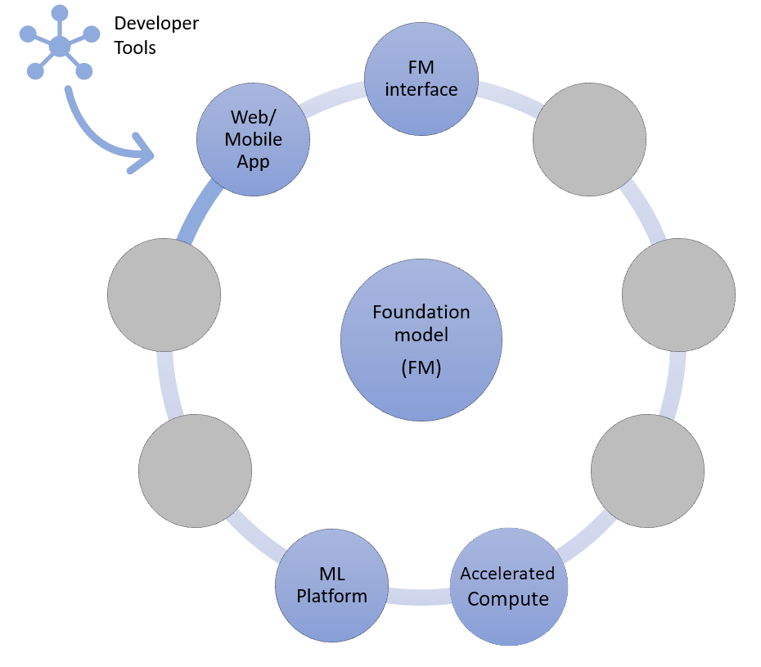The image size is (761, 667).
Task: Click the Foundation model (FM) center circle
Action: click(x=421, y=340)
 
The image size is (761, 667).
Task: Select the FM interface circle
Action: click(x=421, y=79)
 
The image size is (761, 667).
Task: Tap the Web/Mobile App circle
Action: click(x=253, y=138)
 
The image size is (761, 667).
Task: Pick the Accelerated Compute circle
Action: click(x=507, y=586)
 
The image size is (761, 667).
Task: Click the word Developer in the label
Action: click(x=156, y=23)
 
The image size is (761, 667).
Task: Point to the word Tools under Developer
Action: click(x=135, y=47)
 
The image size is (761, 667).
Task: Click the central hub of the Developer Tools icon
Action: click(x=59, y=47)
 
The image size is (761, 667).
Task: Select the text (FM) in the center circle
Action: click(x=421, y=367)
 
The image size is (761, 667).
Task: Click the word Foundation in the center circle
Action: click(x=421, y=312)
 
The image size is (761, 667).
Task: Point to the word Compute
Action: click(x=507, y=599)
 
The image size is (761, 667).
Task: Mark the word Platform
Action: click(x=332, y=596)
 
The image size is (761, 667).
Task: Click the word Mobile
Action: click(x=253, y=138)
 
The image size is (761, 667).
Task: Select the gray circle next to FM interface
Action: click(x=589, y=139)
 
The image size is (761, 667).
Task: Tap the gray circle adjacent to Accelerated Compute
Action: click(x=647, y=471)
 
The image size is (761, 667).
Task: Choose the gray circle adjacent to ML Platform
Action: click(x=195, y=471)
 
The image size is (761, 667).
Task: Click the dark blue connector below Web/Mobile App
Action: click(x=199, y=214)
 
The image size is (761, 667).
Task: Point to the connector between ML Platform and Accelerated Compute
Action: click(x=419, y=596)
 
